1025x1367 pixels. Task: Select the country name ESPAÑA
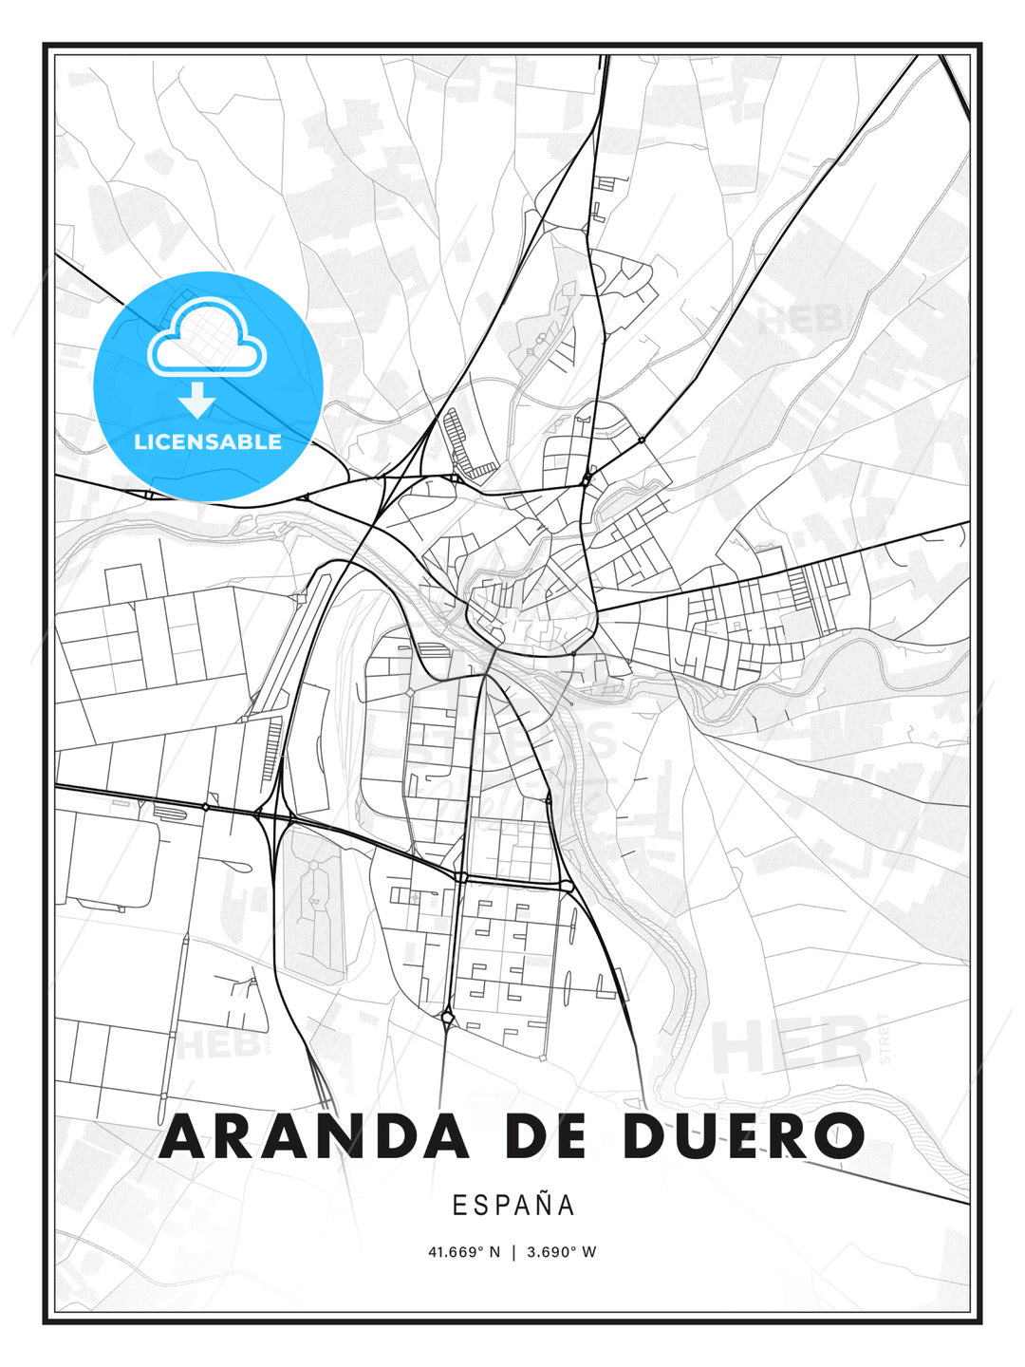(513, 1205)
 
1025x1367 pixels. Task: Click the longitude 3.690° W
(561, 1252)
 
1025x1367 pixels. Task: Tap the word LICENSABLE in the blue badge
(208, 441)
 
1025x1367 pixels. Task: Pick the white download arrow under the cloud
(197, 401)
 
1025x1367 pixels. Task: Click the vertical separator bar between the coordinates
(513, 1252)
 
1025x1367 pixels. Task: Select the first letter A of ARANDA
(184, 1136)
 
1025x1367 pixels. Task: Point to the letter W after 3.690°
(589, 1252)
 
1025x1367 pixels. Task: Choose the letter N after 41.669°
(494, 1252)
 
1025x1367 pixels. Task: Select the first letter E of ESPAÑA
(458, 1205)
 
